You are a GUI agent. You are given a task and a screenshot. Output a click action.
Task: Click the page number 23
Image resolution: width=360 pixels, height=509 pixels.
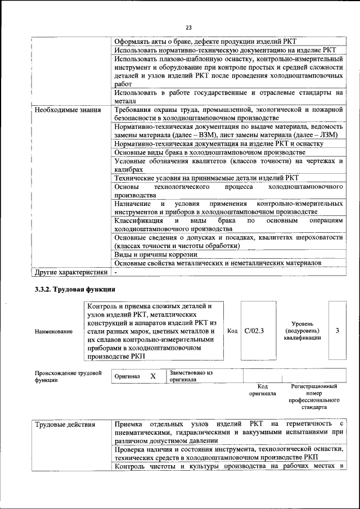[x=188, y=28]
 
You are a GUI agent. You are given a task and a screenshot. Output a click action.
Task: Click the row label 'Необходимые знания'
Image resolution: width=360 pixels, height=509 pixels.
[x=67, y=110]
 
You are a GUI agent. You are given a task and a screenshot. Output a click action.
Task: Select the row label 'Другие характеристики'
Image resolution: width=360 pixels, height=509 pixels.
[x=71, y=272]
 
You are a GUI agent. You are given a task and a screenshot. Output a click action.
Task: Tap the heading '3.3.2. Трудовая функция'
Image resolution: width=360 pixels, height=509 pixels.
[x=75, y=290]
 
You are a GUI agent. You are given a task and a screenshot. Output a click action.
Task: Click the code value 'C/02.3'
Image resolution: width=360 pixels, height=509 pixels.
[x=255, y=331]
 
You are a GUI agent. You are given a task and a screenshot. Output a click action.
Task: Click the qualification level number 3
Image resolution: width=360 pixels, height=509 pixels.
[x=337, y=331]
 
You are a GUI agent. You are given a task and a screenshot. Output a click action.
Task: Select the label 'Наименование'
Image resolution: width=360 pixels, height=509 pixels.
[x=53, y=331]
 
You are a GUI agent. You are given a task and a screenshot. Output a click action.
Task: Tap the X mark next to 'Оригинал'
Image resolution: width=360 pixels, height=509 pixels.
[x=152, y=376]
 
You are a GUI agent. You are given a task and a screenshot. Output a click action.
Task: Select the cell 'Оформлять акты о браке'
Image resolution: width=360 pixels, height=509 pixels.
[x=206, y=42]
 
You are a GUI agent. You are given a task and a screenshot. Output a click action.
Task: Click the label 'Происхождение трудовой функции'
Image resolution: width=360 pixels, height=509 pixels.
[x=68, y=376]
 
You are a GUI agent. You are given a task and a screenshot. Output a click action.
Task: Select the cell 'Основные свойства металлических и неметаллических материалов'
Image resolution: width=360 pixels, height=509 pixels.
[x=218, y=263]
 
